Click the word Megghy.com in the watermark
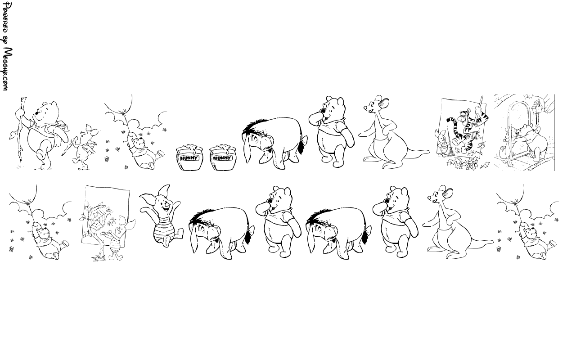click(x=7, y=69)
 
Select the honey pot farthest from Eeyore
click(x=189, y=157)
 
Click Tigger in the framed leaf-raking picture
click(x=467, y=130)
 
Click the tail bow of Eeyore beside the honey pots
click(x=304, y=141)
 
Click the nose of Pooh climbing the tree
click(x=37, y=113)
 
